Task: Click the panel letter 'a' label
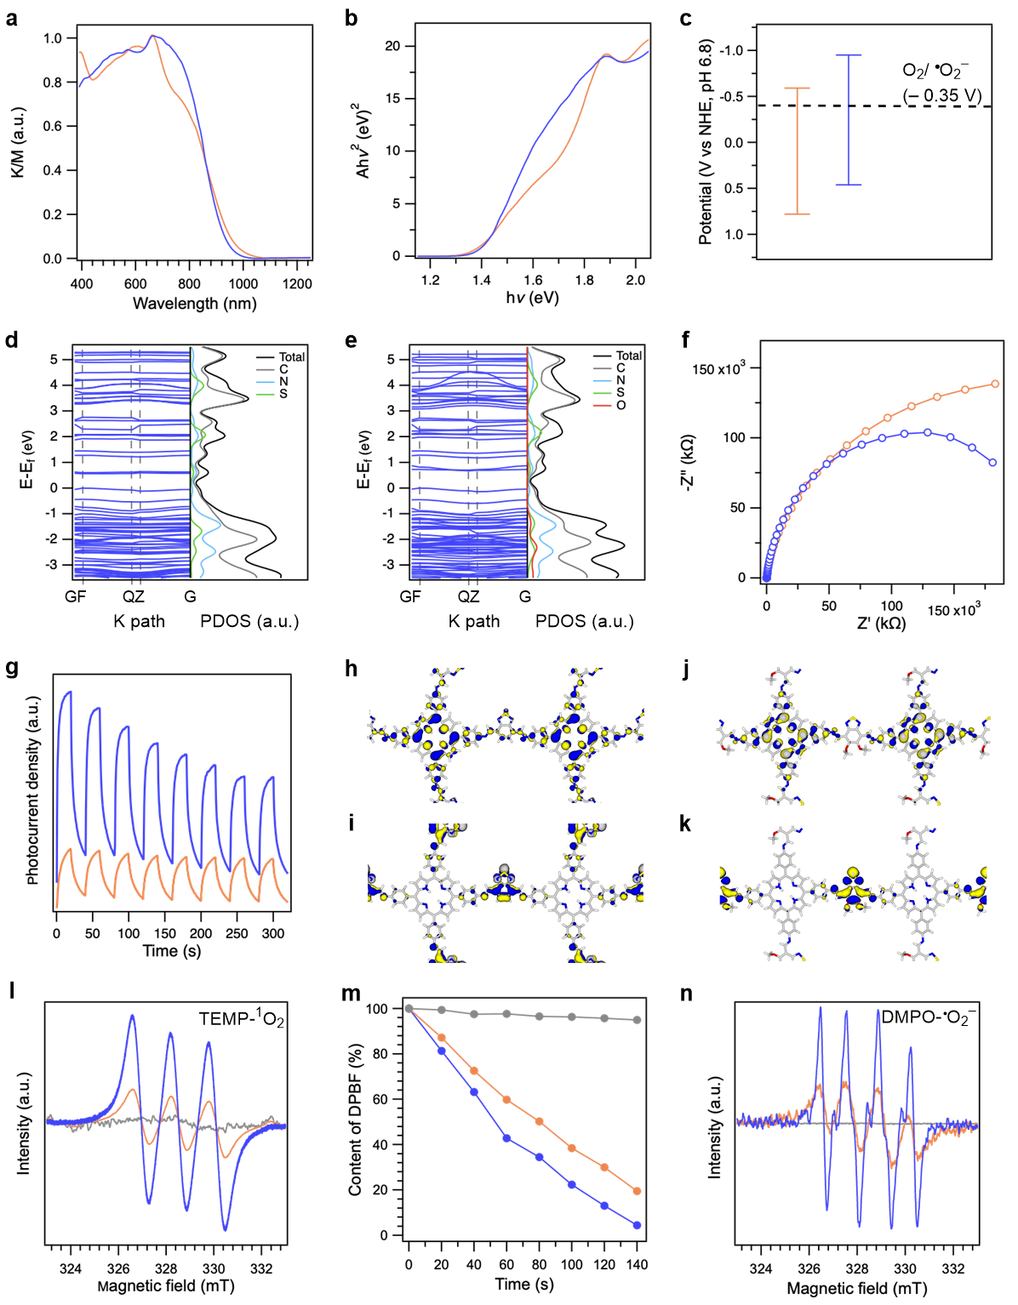(11, 17)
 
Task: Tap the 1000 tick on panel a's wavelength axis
(243, 284)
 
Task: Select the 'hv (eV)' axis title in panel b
(532, 298)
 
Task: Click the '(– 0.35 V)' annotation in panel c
(942, 96)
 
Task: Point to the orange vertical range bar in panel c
(797, 151)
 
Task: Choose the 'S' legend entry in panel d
(283, 393)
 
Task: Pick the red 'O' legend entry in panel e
(621, 405)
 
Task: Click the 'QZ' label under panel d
(134, 596)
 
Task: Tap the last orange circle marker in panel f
(995, 385)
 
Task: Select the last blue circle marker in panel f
(992, 463)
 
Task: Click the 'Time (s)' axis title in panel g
(172, 951)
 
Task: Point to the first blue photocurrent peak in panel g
(69, 692)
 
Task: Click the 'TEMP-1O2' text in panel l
(241, 1018)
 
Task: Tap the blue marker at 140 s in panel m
(637, 1225)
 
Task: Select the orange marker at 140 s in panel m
(637, 1191)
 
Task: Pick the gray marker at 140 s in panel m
(637, 1020)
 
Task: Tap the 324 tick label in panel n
(760, 1269)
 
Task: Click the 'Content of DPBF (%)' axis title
(356, 1122)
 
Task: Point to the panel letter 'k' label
(685, 824)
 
